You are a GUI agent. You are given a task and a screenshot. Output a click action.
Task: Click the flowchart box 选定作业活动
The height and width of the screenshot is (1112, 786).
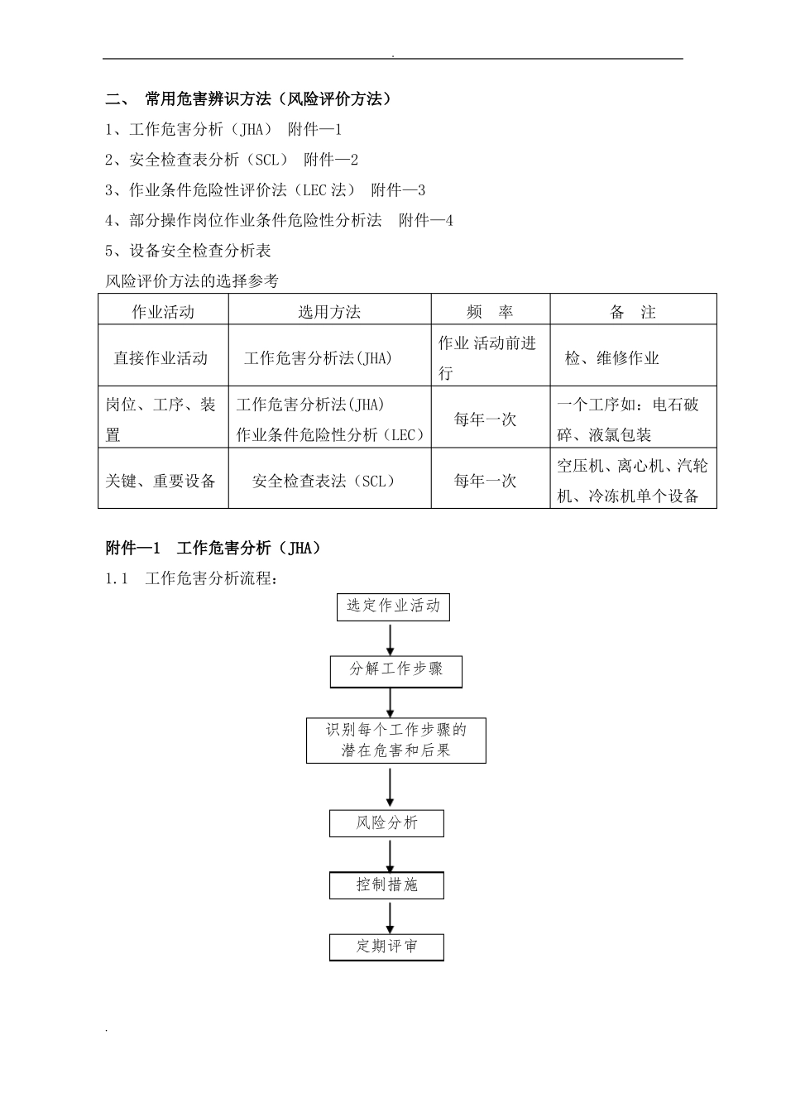(393, 606)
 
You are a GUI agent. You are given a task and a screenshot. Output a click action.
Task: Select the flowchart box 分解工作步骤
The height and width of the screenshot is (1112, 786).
(395, 670)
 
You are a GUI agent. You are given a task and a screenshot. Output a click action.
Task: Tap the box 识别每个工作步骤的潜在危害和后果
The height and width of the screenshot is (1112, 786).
(395, 741)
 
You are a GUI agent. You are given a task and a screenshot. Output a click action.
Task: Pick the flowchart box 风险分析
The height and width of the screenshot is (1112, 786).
(386, 823)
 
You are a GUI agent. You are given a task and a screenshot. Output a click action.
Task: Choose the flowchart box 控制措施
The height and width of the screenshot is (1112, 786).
(386, 885)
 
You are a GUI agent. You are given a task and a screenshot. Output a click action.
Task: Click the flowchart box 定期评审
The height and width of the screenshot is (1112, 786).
(386, 947)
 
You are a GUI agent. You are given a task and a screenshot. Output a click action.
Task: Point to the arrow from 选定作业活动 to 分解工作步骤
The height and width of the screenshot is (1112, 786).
(391, 639)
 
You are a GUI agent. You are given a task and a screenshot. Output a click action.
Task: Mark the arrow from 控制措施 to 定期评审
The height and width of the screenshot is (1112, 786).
(391, 917)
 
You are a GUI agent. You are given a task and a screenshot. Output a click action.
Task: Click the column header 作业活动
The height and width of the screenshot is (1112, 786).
(163, 312)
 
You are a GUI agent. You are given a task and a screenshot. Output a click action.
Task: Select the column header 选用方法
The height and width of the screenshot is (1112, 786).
(329, 312)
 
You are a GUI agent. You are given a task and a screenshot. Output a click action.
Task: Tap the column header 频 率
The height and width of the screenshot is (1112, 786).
(490, 312)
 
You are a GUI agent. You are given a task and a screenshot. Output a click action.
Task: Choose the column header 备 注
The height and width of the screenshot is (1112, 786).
(633, 312)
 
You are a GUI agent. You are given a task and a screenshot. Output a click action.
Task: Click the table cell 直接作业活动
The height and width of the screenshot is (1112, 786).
(161, 358)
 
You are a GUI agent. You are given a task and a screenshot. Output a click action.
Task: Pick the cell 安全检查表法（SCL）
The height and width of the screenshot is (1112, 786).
(324, 481)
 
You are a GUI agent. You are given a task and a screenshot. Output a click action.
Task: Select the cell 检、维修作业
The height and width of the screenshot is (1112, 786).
(612, 358)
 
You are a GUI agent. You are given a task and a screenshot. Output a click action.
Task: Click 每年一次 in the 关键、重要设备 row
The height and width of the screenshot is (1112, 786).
(485, 481)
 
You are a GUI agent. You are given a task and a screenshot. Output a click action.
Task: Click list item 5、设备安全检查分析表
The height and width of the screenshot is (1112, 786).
(189, 251)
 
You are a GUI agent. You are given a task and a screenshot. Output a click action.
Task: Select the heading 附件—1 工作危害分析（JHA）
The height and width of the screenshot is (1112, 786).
(214, 548)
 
